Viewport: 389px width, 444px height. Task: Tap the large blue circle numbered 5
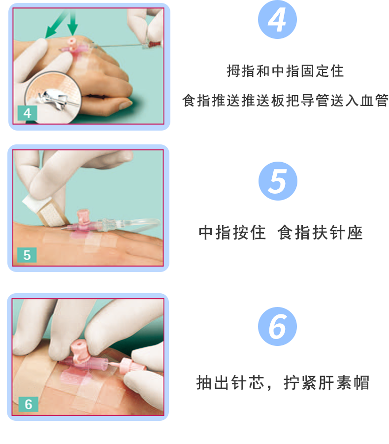pos(278,181)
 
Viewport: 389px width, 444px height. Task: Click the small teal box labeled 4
pos(28,113)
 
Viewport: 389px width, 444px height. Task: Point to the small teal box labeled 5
pos(27,255)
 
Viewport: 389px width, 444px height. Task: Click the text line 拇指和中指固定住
pos(285,71)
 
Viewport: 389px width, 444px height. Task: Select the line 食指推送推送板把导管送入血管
pos(285,101)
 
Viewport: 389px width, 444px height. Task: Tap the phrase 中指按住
pos(232,233)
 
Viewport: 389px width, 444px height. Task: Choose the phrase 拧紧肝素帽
pos(326,382)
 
